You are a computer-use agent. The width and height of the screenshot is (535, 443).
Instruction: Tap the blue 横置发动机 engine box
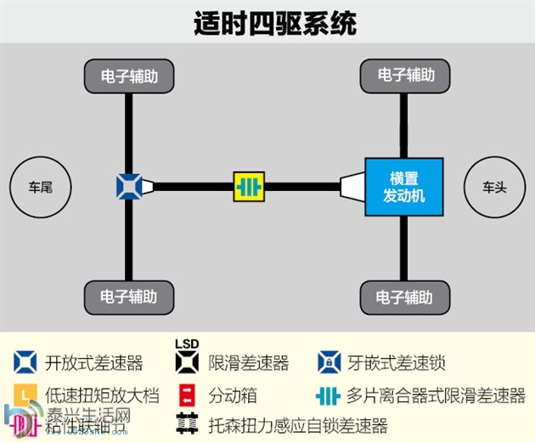pyautogui.click(x=403, y=186)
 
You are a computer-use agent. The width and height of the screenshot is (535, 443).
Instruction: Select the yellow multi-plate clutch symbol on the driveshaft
pyautogui.click(x=249, y=186)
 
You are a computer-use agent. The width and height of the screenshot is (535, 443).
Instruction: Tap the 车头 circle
pyautogui.click(x=494, y=186)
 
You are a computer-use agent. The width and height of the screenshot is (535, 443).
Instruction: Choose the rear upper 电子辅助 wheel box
pyautogui.click(x=129, y=76)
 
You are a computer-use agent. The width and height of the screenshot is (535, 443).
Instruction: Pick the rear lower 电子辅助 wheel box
pyautogui.click(x=129, y=297)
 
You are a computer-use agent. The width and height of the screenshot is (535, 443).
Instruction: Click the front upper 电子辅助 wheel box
pyautogui.click(x=405, y=76)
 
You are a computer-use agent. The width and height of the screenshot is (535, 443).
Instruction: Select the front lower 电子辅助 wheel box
pyautogui.click(x=405, y=297)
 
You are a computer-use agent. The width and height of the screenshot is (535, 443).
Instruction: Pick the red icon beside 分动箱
pyautogui.click(x=189, y=395)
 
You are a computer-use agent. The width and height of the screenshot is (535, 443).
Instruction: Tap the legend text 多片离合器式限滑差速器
pyautogui.click(x=436, y=395)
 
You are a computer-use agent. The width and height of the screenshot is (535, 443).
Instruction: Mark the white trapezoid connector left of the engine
pyautogui.click(x=352, y=186)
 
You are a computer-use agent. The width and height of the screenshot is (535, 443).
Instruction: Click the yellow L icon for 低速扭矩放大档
pyautogui.click(x=25, y=395)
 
